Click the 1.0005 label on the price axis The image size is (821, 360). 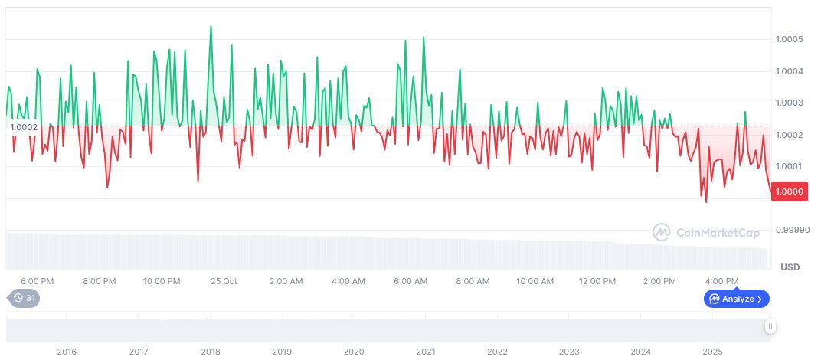(788, 39)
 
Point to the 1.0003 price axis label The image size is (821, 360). (788, 103)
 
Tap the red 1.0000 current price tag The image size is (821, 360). (789, 191)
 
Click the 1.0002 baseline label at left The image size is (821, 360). (24, 127)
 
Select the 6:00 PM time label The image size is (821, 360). (37, 281)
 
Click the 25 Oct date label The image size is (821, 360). (224, 281)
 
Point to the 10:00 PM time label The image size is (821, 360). (162, 281)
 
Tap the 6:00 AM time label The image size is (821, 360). (410, 281)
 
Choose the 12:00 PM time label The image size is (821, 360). (597, 281)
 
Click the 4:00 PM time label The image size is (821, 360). (721, 281)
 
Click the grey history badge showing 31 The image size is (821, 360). (25, 298)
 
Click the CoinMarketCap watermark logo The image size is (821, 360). (706, 232)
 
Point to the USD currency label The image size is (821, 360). (790, 267)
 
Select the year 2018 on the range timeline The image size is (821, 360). (211, 352)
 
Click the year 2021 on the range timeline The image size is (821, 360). (426, 352)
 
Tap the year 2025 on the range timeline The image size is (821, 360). (712, 352)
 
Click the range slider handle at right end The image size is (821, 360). (770, 326)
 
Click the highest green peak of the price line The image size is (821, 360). (211, 26)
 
